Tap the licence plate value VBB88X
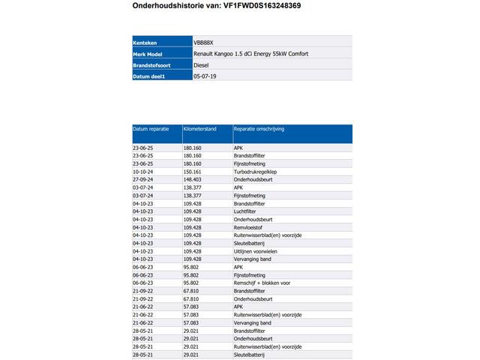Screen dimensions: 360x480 203,43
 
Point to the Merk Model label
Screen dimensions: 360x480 148,54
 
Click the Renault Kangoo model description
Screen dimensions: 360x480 250,54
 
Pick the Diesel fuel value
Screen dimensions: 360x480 201,65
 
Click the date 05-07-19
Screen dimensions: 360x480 205,76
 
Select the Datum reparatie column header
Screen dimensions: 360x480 151,129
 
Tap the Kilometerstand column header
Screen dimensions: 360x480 200,129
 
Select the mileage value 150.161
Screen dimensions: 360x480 193,172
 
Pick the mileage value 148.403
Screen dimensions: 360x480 193,180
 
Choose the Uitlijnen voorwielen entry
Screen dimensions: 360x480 257,250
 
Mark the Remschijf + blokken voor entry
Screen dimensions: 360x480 262,282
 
